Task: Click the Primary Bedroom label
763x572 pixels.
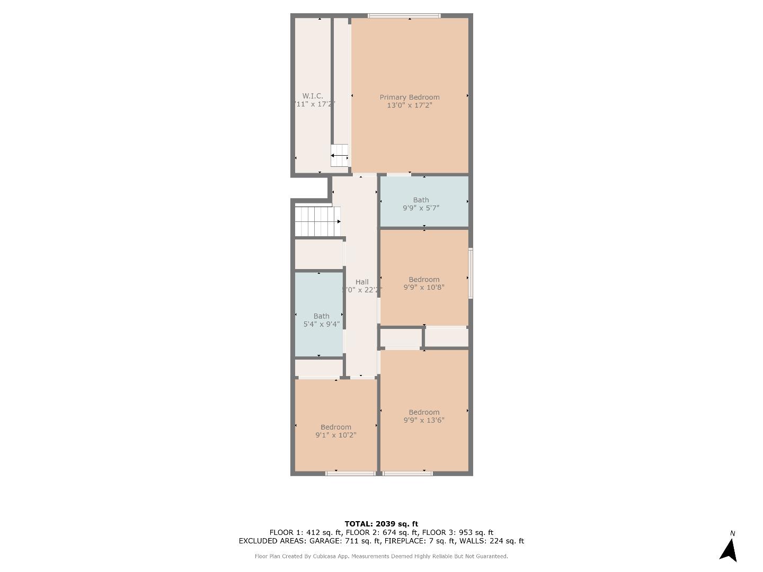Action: pyautogui.click(x=410, y=97)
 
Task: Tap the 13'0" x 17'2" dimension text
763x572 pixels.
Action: pyautogui.click(x=410, y=105)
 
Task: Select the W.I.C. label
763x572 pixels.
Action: pyautogui.click(x=313, y=96)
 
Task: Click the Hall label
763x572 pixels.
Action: pyautogui.click(x=362, y=282)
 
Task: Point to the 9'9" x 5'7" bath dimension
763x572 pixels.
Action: pyautogui.click(x=421, y=208)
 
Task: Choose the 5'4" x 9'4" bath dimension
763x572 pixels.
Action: pyautogui.click(x=321, y=324)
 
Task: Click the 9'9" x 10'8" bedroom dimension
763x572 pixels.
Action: pyautogui.click(x=424, y=288)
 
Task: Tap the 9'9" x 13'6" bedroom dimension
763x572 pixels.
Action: pyautogui.click(x=424, y=421)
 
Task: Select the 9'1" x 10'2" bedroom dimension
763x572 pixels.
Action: pyautogui.click(x=336, y=435)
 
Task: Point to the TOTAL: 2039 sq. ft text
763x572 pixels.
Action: pyautogui.click(x=381, y=524)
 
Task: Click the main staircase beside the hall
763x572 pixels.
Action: pyautogui.click(x=317, y=221)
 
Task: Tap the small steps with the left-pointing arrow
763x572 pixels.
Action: pyautogui.click(x=340, y=156)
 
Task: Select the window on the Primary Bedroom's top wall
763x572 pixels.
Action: pyautogui.click(x=404, y=16)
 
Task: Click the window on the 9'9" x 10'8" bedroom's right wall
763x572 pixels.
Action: pyautogui.click(x=471, y=273)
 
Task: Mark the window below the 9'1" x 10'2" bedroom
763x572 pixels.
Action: pyautogui.click(x=350, y=473)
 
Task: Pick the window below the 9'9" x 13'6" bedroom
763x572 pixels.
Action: pyautogui.click(x=408, y=473)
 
